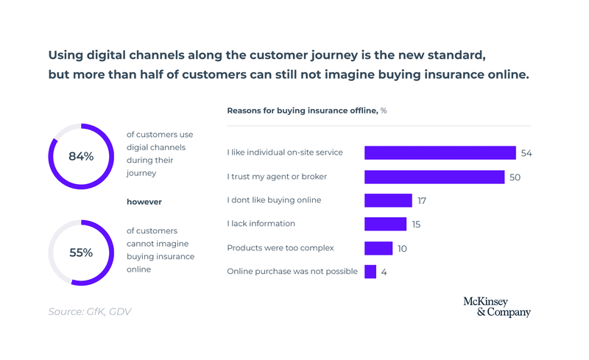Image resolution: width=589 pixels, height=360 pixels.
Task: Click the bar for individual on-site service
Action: [x=440, y=153]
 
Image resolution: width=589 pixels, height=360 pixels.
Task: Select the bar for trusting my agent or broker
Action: [x=434, y=177]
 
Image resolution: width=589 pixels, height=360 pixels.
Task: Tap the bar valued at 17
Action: [x=388, y=200]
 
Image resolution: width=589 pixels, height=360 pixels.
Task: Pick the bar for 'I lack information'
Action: [x=385, y=224]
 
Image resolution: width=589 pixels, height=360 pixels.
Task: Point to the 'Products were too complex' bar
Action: [x=378, y=248]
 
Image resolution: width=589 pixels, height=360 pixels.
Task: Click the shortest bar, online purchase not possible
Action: [x=370, y=272]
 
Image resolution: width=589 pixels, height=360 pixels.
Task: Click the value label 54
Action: [x=526, y=153]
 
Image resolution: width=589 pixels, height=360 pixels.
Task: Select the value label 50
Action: [x=515, y=177]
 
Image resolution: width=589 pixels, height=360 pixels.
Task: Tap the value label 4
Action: [x=384, y=272]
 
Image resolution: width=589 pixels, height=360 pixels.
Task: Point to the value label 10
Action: [x=402, y=248]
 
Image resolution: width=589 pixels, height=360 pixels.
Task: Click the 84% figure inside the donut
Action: [x=81, y=156]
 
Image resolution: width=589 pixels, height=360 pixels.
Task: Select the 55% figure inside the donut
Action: [x=81, y=253]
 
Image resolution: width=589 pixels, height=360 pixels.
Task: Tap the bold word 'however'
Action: [x=144, y=202]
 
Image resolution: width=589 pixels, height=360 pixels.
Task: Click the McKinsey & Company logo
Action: [x=496, y=307]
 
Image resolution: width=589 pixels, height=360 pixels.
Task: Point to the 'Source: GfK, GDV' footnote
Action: [x=91, y=311]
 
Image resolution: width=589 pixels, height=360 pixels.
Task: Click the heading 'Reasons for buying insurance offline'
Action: [x=302, y=110]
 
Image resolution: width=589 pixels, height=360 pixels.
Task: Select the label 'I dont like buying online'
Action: [x=274, y=200]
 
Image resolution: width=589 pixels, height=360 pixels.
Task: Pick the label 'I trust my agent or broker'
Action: [x=277, y=177]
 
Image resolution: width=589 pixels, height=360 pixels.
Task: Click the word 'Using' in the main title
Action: [x=65, y=55]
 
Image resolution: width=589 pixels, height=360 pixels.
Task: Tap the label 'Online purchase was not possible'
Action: [x=292, y=272]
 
